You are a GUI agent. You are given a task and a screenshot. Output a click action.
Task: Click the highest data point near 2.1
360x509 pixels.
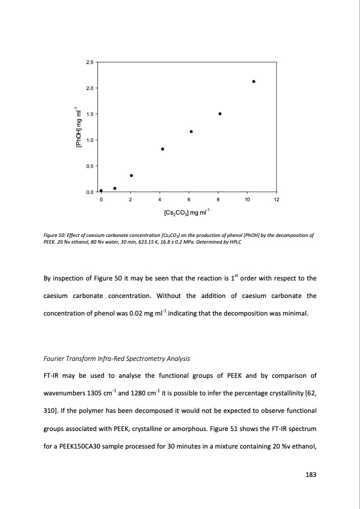tap(254, 81)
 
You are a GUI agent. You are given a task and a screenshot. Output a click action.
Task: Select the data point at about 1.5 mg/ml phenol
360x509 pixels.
tap(220, 114)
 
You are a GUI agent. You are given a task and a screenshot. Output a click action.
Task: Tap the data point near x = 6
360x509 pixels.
tap(191, 131)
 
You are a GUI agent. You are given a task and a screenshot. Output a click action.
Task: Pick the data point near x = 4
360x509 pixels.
tap(162, 149)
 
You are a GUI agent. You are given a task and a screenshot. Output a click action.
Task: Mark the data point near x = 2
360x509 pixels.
tap(131, 175)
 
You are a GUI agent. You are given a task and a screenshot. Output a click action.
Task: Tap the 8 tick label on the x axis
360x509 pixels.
tap(218, 199)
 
